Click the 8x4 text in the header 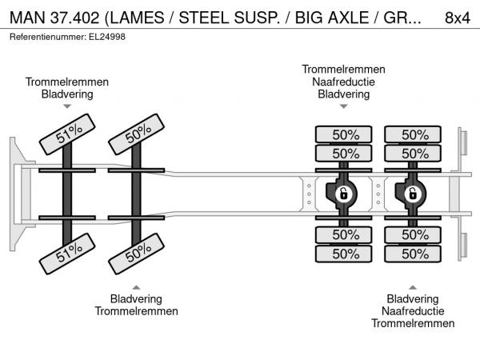(x=456, y=17)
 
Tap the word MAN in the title (x=26, y=17)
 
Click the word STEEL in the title (x=234, y=17)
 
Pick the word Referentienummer (x=44, y=37)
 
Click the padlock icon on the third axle (x=343, y=194)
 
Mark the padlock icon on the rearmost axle (x=413, y=194)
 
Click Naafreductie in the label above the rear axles (x=343, y=82)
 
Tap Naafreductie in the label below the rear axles (x=413, y=311)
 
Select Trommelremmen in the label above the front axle (x=67, y=82)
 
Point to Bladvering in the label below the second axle (x=136, y=299)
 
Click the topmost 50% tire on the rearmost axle (x=414, y=134)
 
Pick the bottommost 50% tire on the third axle (x=344, y=254)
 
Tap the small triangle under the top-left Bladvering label (x=67, y=106)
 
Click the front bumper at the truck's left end (x=15, y=193)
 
